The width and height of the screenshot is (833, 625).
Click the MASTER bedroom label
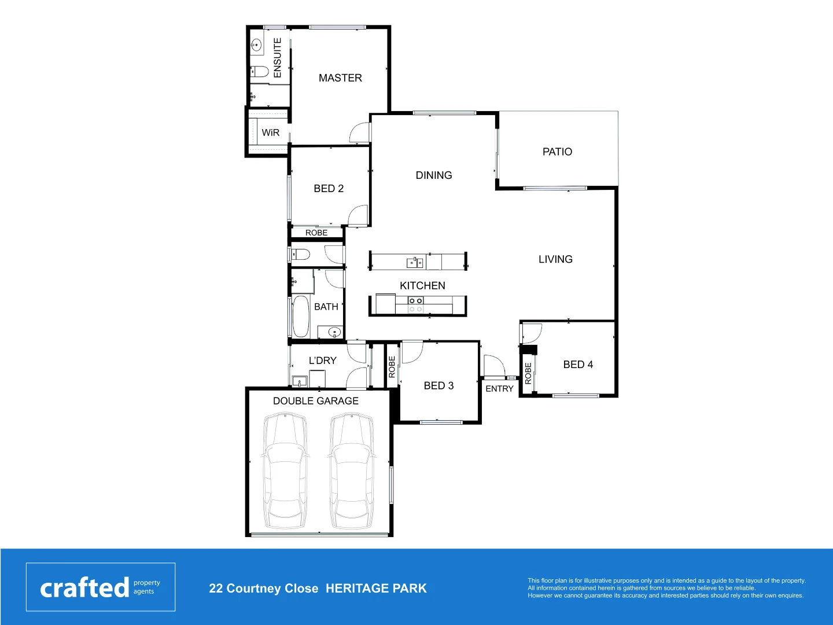tap(340, 78)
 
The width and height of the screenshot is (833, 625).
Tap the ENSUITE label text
tap(278, 58)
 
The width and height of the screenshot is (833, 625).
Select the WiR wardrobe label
tap(270, 133)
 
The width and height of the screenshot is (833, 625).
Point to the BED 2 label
tap(329, 189)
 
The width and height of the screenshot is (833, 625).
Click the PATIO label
tap(557, 152)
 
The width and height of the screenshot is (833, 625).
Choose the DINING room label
tap(434, 175)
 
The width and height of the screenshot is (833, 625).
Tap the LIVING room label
tap(555, 259)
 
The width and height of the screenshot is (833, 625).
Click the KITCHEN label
tap(422, 286)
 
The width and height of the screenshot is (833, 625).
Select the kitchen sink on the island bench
tap(415, 263)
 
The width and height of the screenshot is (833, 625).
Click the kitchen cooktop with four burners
tap(415, 305)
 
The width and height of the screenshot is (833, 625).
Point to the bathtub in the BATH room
tap(300, 317)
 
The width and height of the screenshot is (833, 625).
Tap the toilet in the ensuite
tap(260, 72)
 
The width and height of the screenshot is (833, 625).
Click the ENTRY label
tap(499, 389)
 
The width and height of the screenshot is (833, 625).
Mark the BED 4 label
tap(578, 365)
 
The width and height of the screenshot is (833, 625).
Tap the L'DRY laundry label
tap(322, 361)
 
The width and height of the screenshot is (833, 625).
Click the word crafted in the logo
tap(84, 587)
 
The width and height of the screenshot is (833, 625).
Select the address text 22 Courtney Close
tap(263, 589)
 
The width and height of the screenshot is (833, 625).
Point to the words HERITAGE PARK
tap(376, 589)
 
